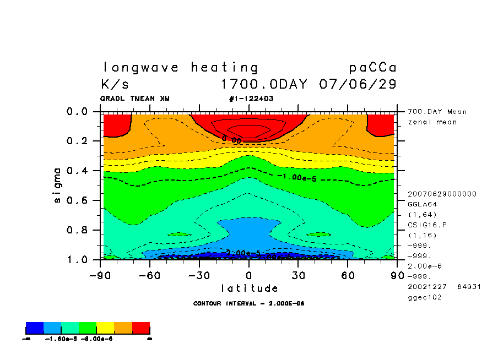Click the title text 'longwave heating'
[180, 68]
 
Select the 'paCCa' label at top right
[372, 68]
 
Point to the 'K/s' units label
[115, 85]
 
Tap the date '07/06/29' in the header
[358, 85]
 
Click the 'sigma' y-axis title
[58, 185]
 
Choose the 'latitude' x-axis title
[249, 288]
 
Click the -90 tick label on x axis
[100, 275]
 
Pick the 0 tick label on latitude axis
[249, 275]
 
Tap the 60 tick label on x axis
[347, 275]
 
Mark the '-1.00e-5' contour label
[296, 177]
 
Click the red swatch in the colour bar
[141, 329]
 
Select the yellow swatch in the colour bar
[106, 329]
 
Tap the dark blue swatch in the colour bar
[35, 329]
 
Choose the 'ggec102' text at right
[424, 297]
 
